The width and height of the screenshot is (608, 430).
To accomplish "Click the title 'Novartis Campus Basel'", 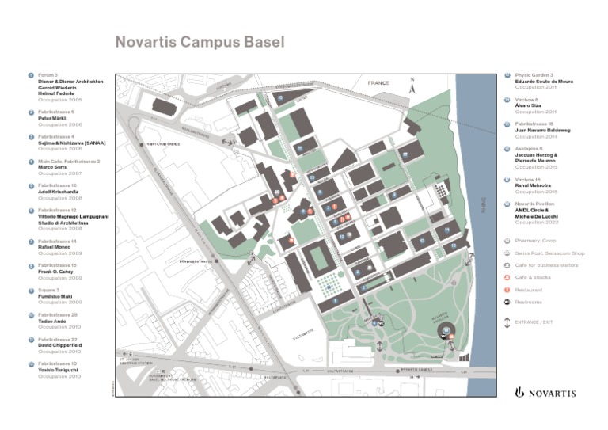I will (199, 42).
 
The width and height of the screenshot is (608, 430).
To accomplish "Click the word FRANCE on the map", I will (378, 82).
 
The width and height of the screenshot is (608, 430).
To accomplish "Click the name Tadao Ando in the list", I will (51, 320).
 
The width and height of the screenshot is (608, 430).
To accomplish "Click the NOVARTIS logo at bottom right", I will (545, 392).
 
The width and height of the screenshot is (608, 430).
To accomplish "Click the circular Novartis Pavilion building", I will (447, 331).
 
